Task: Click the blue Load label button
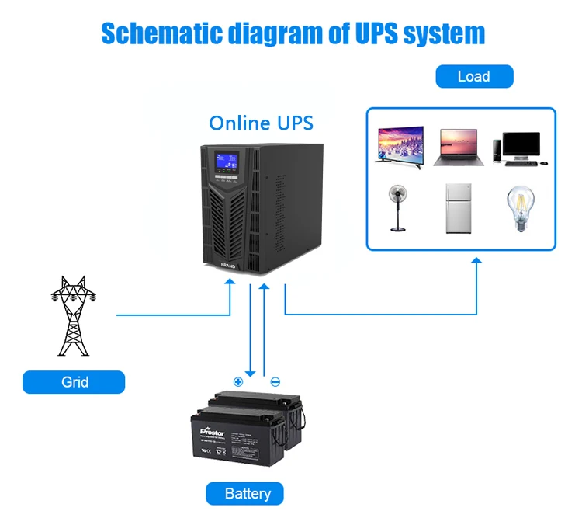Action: tap(473, 76)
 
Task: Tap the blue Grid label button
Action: tap(74, 382)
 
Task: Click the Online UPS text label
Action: tap(262, 123)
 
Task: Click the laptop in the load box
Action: tap(459, 148)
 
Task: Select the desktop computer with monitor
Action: tap(520, 148)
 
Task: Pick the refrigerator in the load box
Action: tap(459, 208)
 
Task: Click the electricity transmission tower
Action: tap(72, 314)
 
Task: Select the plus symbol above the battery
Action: tap(238, 381)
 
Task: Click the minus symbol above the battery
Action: tap(275, 381)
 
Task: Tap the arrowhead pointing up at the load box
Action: tap(477, 264)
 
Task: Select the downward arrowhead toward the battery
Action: tap(250, 371)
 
